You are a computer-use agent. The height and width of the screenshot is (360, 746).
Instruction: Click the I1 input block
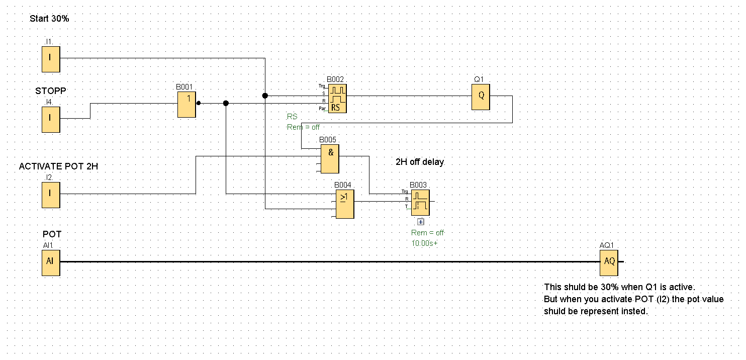51,58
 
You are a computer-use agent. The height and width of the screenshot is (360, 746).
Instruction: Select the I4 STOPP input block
51,119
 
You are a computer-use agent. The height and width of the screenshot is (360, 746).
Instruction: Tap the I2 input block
51,195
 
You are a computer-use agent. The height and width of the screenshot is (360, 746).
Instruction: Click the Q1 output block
481,97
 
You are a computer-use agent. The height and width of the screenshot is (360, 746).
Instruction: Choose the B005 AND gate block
330,158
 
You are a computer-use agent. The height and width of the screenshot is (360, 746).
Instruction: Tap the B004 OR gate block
344,204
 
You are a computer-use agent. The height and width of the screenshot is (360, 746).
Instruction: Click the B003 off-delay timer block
420,202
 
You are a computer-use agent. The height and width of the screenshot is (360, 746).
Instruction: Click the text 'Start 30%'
49,19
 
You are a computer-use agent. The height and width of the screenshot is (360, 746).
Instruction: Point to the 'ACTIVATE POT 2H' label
58,166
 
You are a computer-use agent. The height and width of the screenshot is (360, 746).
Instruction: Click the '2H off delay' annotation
420,162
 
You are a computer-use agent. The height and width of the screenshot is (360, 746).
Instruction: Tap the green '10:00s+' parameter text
424,243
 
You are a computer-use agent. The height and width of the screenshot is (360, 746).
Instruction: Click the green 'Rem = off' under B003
428,233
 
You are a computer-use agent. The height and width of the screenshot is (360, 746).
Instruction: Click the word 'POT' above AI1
52,234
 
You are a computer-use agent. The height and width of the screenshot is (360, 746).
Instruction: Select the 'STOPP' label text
51,91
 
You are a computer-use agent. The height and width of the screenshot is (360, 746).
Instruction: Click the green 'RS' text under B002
292,117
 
